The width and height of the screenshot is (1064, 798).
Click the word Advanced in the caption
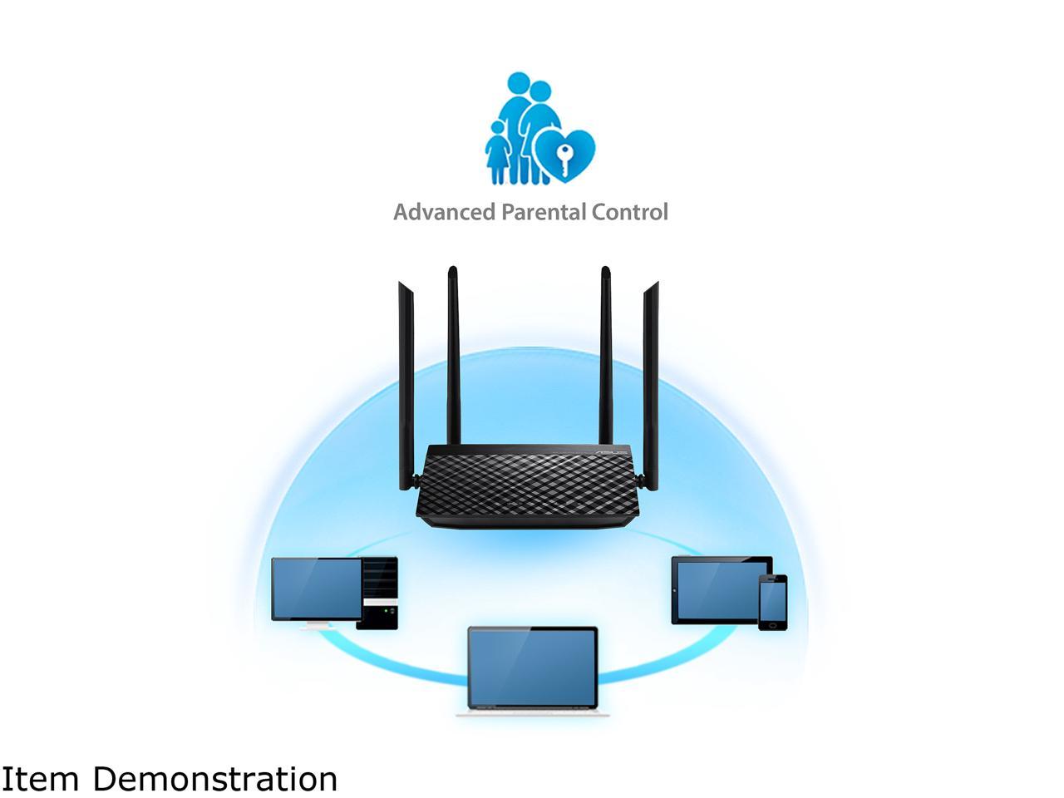tap(443, 212)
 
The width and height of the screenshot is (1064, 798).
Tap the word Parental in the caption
tap(543, 212)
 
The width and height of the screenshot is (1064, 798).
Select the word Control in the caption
tap(629, 212)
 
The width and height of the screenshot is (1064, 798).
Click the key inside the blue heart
tap(564, 160)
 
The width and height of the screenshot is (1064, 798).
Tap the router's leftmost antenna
tap(406, 382)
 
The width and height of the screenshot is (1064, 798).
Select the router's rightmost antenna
tap(650, 382)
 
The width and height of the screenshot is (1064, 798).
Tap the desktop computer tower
tap(380, 592)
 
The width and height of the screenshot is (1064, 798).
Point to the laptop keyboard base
tap(532, 712)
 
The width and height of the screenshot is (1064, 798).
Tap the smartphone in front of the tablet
tap(772, 601)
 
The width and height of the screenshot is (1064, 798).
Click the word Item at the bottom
tap(40, 780)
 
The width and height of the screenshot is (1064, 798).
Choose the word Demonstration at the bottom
tap(214, 780)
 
